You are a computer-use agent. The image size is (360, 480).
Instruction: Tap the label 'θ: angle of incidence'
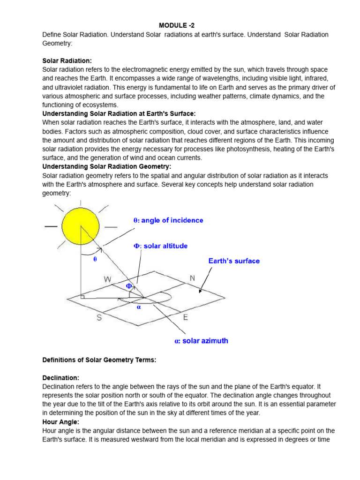(168, 220)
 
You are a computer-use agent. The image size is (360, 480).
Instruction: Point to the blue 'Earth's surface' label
(234, 261)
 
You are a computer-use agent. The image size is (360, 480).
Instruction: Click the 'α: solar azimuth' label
(201, 341)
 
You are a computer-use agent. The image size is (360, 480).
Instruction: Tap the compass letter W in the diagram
(107, 279)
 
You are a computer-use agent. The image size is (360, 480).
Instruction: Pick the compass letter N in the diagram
(192, 278)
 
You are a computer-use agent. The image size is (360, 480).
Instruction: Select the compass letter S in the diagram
(99, 318)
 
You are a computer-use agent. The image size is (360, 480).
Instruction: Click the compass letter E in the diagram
(186, 317)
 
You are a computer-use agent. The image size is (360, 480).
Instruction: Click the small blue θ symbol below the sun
(95, 259)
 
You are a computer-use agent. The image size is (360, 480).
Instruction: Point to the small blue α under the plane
(139, 307)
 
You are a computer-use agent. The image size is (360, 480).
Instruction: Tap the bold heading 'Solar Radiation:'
(67, 61)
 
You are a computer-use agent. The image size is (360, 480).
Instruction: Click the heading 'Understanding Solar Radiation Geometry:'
(107, 166)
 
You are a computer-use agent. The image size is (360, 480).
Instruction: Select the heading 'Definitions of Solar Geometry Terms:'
(99, 360)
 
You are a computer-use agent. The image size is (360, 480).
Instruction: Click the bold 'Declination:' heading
(61, 377)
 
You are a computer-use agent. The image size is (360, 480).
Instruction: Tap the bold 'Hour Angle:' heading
(61, 422)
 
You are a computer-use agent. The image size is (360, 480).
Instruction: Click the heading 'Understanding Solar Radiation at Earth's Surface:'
(119, 114)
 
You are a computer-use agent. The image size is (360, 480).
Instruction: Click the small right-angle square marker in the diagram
(82, 297)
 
